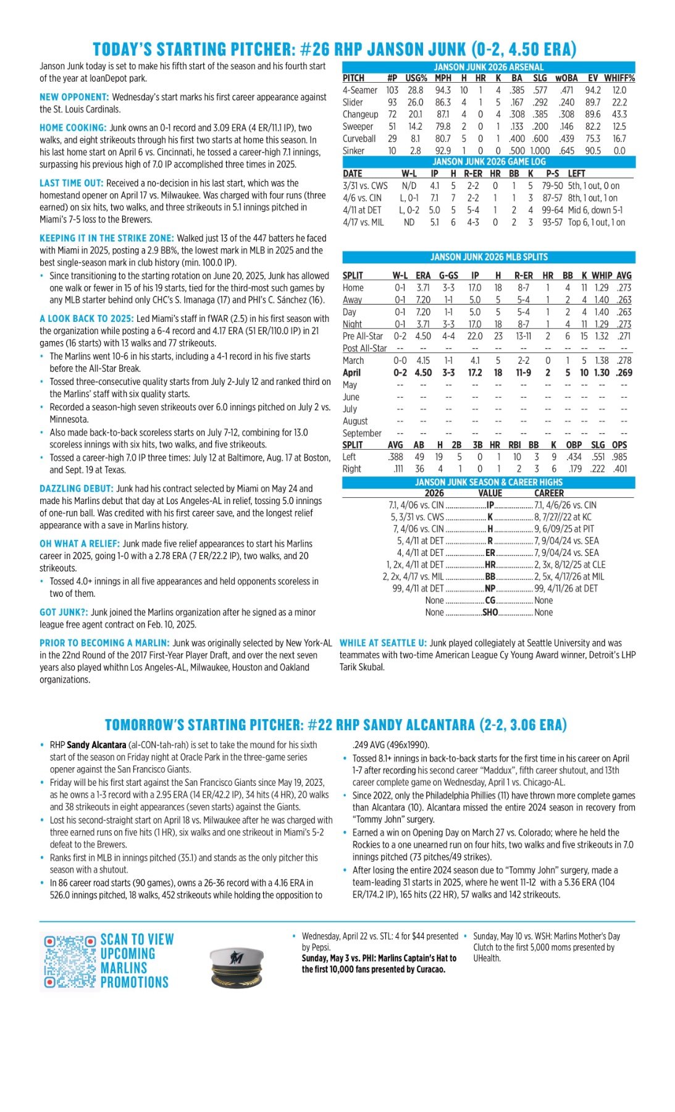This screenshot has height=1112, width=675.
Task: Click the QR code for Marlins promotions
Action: pos(69,961)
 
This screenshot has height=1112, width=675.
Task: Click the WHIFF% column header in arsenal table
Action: pos(619,78)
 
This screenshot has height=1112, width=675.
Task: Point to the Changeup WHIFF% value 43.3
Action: pos(619,114)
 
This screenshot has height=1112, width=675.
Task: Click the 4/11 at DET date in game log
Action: pos(362,210)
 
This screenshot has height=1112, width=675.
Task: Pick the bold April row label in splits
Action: pos(351,373)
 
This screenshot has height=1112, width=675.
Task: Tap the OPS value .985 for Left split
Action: pos(619,457)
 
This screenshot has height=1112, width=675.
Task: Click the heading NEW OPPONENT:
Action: pos(74,97)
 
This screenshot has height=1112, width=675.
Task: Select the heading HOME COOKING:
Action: pos(73,128)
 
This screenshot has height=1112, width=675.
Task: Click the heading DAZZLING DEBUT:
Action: pos(77,489)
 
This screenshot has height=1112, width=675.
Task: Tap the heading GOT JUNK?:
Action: pos(64,612)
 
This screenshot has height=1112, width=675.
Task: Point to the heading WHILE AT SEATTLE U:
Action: pos(383,643)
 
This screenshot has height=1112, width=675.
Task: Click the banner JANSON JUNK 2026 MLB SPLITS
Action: pos(488,257)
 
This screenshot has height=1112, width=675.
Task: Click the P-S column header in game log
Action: pos(552,174)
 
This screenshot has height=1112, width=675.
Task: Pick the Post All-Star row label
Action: pos(364,348)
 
